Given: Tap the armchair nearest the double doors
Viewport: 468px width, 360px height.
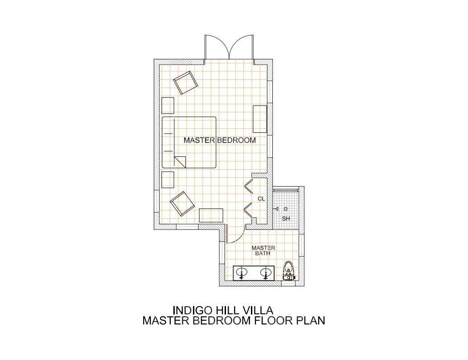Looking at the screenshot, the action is click(185, 82).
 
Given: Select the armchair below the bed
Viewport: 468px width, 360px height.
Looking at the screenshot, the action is click(182, 204).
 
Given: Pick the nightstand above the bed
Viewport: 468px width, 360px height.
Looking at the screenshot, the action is click(168, 105).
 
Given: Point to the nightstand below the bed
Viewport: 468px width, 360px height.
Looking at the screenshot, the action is click(168, 180).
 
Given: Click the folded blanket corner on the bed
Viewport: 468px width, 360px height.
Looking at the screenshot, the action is click(180, 162).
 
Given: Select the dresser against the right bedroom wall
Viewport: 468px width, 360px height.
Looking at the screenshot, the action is click(260, 119).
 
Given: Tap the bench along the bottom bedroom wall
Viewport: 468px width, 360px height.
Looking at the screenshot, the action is click(211, 215).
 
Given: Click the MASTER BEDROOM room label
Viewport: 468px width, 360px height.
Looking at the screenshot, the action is click(220, 140).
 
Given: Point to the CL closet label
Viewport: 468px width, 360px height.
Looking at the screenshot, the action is click(261, 198).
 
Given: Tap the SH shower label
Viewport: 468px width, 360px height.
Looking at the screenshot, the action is click(286, 219).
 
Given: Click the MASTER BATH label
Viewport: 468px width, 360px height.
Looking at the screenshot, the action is click(263, 250).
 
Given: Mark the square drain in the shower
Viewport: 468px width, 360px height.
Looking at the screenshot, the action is click(286, 209).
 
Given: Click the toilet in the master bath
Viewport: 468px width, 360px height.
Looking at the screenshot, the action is click(288, 270).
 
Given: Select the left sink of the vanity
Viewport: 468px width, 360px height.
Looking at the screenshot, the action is click(242, 273).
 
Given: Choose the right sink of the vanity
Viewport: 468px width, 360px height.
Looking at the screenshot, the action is click(266, 273).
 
